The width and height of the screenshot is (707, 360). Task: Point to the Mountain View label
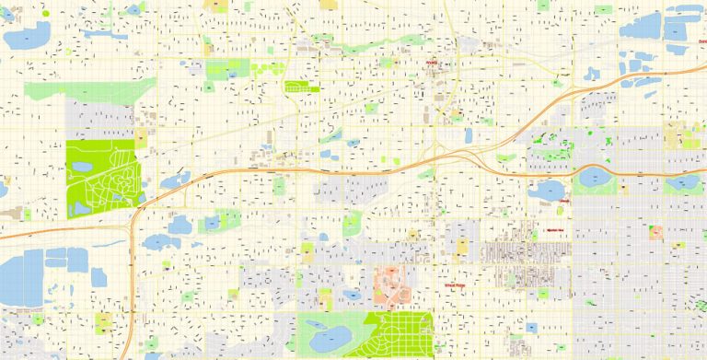click(x=554, y=230)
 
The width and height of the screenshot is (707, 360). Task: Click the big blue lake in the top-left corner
click(x=27, y=36)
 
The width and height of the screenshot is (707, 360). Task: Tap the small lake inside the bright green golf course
click(x=82, y=168)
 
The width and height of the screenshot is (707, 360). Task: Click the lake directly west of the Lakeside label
click(x=545, y=191)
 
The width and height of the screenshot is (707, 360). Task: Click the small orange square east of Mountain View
click(x=656, y=231)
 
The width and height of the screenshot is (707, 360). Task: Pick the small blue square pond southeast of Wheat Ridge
click(x=532, y=326)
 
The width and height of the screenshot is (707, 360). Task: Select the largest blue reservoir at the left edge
click(x=20, y=277)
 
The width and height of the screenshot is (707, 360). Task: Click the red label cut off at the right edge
click(x=701, y=41)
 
